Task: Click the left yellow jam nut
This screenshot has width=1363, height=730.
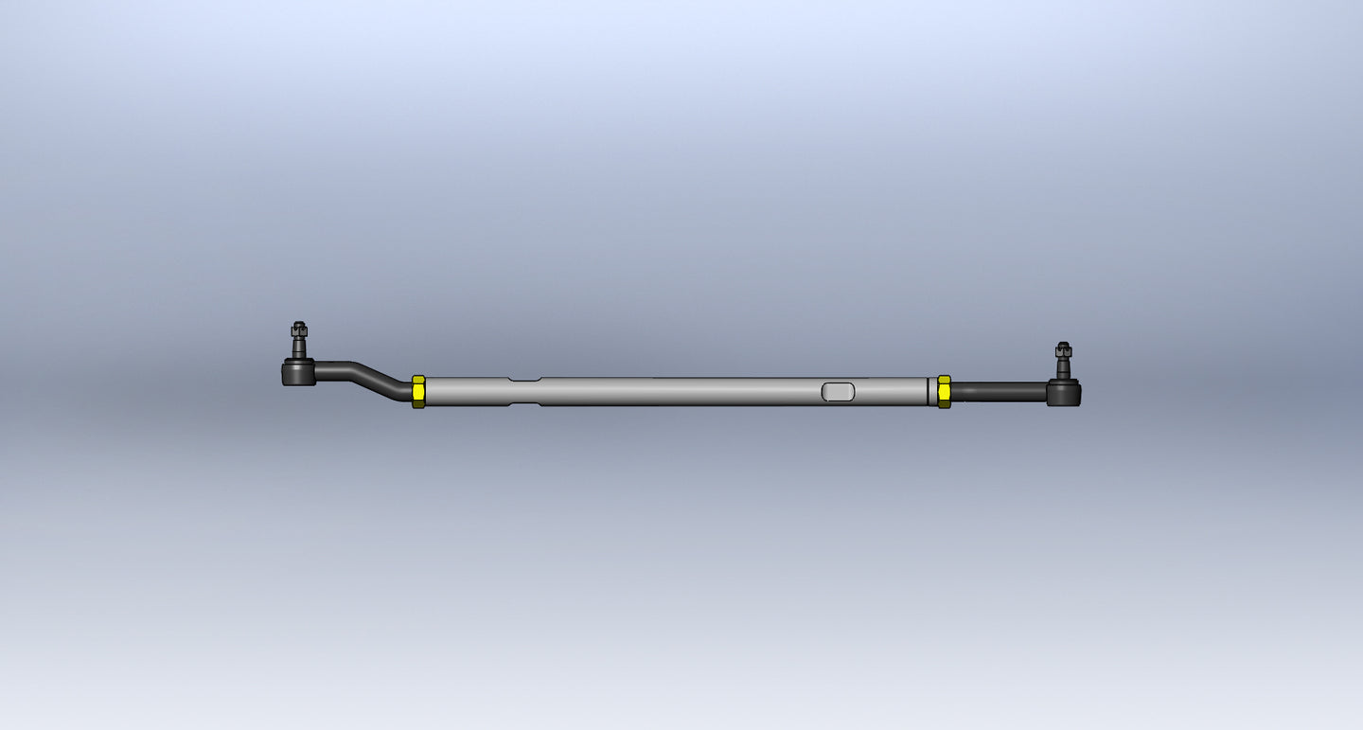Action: click(x=418, y=391)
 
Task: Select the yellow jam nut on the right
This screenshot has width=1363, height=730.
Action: click(x=944, y=391)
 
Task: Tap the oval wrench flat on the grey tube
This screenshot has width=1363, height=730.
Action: click(x=838, y=391)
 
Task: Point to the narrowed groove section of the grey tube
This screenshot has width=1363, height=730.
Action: click(x=524, y=391)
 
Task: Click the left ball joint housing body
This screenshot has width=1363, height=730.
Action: click(x=298, y=374)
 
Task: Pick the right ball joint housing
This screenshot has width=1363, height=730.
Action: click(x=1063, y=393)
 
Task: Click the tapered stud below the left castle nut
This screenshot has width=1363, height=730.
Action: click(x=299, y=348)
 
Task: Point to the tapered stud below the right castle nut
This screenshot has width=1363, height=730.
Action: click(x=1063, y=368)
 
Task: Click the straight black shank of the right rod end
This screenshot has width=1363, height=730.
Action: click(x=999, y=391)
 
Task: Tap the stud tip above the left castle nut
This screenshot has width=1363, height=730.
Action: click(x=298, y=324)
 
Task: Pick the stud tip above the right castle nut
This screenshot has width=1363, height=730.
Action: click(x=1063, y=344)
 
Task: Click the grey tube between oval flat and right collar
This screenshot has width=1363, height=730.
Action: click(x=890, y=391)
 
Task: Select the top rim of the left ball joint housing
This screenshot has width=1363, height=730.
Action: click(x=298, y=363)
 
